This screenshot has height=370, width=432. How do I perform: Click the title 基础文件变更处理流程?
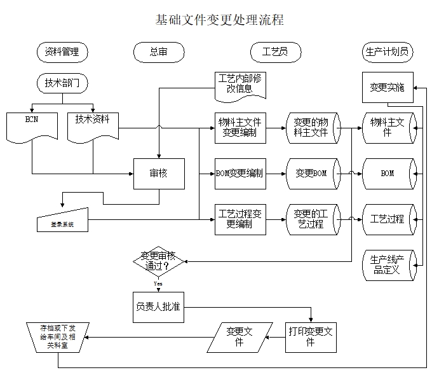[219, 20]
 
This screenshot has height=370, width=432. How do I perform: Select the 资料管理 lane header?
[62, 52]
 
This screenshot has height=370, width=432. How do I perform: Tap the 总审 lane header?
[159, 52]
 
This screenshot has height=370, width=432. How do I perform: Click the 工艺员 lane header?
[274, 52]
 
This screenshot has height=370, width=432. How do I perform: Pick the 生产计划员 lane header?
[387, 52]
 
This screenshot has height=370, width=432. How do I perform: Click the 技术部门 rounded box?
[62, 83]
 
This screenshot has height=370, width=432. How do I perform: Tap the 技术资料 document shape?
[93, 124]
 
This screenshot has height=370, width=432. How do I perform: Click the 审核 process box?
[159, 174]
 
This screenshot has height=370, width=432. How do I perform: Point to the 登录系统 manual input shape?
[62, 221]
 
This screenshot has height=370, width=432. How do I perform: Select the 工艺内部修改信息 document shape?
[240, 84]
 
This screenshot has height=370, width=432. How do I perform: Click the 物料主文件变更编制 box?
[240, 127]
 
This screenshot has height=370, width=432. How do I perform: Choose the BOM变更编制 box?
[240, 173]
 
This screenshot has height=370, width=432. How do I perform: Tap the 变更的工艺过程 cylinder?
[312, 219]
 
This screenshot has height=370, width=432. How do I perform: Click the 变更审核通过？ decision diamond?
[159, 261]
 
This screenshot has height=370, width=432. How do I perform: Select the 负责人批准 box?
[158, 306]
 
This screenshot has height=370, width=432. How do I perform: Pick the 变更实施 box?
[387, 88]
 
